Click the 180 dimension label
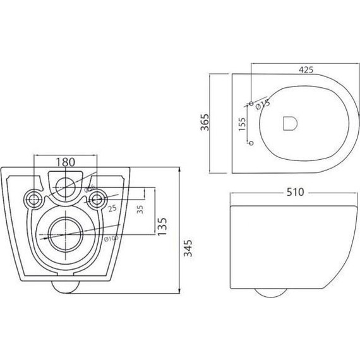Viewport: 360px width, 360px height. (65, 161)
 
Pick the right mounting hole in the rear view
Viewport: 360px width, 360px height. (97, 200)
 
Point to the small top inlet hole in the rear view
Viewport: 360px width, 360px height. (65, 186)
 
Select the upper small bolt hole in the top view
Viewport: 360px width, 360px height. (251, 103)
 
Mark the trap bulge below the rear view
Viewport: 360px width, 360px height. (65, 286)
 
